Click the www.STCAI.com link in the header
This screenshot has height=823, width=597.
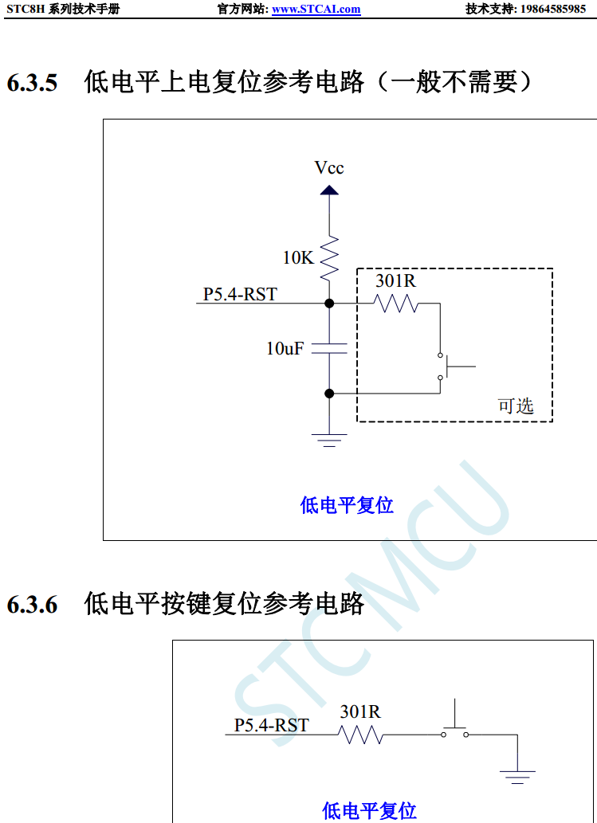coord(316,10)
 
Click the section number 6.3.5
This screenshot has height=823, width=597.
coord(32,83)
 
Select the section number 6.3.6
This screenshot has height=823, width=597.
coord(32,605)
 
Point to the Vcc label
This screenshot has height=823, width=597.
coord(329,168)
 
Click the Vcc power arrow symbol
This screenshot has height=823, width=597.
coord(329,190)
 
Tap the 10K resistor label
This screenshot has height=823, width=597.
coord(298,258)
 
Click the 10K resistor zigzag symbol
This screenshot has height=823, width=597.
coord(329,257)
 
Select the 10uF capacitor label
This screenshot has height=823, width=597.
coord(285,348)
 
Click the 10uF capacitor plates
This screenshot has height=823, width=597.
coord(329,348)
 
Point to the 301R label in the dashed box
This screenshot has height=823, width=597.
coord(395,281)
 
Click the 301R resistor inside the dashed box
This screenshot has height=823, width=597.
coord(397,304)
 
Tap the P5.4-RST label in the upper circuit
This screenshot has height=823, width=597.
coord(240,295)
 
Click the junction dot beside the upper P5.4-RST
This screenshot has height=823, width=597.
coord(329,304)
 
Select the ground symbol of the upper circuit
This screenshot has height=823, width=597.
coord(329,439)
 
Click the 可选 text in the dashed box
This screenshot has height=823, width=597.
coord(516,406)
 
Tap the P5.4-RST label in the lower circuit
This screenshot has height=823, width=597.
coord(271,726)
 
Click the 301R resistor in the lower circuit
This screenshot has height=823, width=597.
coord(361,735)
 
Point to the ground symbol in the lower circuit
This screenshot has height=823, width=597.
coord(517,774)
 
